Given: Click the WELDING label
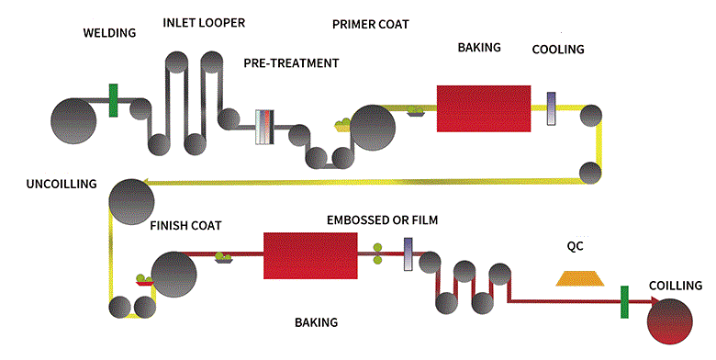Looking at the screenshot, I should pos(109,33).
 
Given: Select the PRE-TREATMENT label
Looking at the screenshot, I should pos(291,63).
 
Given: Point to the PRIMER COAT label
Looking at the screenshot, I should pos(371,23).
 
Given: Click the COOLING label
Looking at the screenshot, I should pos(558,48).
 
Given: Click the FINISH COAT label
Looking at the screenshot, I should pos(185,224).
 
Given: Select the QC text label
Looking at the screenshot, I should pos(576,246).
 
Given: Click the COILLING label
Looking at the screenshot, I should pos(676,286).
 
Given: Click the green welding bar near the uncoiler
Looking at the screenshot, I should pos(114,100).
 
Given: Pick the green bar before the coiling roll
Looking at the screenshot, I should pos(624,303).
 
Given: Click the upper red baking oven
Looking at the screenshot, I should pos(484,108).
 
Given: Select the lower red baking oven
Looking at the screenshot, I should pos(310,254).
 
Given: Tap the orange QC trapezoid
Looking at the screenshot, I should pos(576,277).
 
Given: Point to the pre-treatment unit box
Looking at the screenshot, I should pos(265,126).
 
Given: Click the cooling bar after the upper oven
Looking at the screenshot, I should pos(551,108).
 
